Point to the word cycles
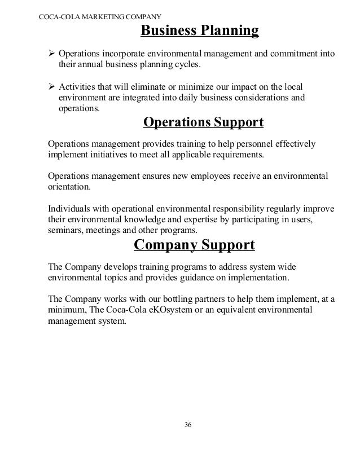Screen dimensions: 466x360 [187, 66]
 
